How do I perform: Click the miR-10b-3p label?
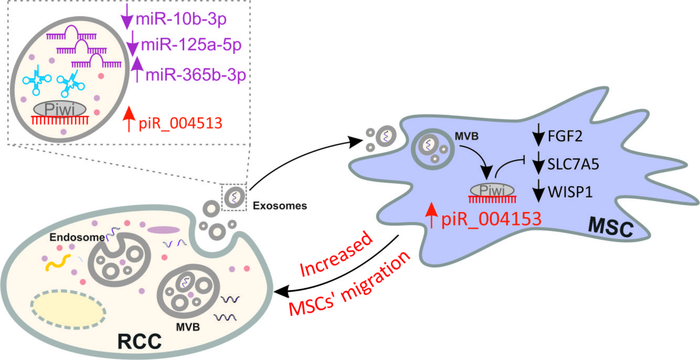(181, 19)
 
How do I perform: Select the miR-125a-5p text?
(191, 45)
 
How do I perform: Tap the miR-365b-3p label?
(196, 75)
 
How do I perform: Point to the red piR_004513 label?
(180, 123)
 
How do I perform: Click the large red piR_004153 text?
(491, 219)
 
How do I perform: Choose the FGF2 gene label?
(565, 136)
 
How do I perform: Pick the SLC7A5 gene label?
(573, 164)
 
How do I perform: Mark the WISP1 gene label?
(570, 192)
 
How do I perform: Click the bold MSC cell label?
(611, 227)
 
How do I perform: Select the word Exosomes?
(280, 206)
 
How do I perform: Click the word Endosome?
(77, 237)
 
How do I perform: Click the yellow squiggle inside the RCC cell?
(58, 262)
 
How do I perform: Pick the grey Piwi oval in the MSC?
(492, 190)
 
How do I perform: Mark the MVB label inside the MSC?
(466, 136)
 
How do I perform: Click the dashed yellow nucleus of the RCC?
(68, 309)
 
